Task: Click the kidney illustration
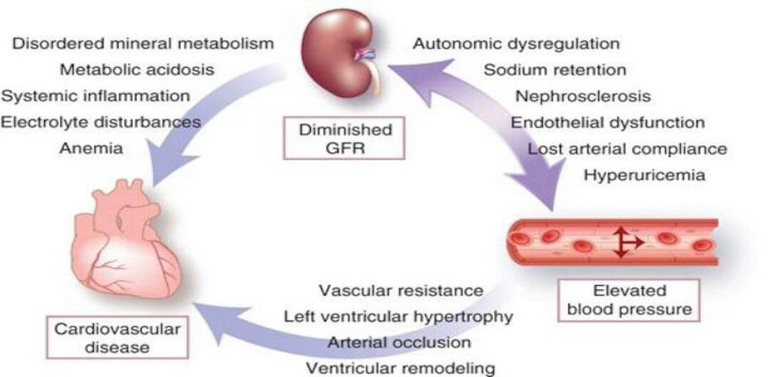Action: [x=335, y=54]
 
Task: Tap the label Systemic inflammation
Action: [x=96, y=96]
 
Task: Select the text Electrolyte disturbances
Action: [x=101, y=122]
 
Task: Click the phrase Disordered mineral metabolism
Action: [x=143, y=44]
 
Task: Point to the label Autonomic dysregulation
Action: [x=517, y=44]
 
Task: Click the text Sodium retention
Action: [x=555, y=70]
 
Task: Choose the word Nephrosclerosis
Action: [x=583, y=96]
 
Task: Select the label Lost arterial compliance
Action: [x=627, y=149]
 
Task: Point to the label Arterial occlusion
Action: [x=399, y=342]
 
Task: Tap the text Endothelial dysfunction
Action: [x=607, y=122]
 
